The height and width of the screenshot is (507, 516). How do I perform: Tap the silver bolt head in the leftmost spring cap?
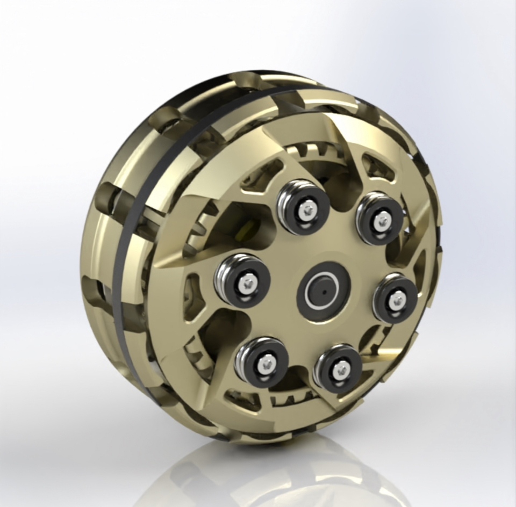247,284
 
